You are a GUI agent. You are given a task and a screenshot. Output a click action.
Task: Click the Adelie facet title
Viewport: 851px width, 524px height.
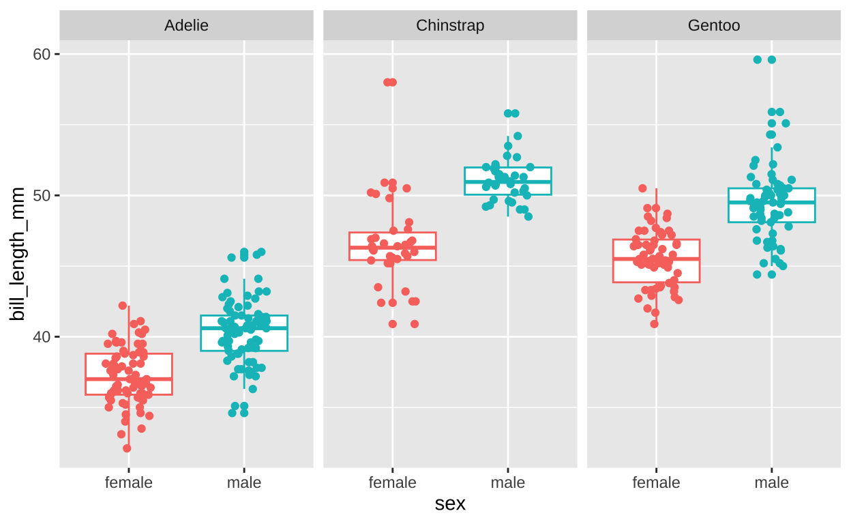(186, 26)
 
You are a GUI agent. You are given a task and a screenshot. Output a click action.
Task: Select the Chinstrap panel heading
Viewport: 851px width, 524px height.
(450, 26)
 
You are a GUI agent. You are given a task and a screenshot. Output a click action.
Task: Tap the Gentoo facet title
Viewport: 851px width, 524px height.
(714, 26)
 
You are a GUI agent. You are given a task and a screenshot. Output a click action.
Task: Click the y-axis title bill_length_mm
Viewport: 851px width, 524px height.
(18, 254)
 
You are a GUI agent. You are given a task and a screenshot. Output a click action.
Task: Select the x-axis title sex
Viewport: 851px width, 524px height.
(450, 504)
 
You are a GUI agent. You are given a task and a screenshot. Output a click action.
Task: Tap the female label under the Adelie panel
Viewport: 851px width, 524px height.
(128, 483)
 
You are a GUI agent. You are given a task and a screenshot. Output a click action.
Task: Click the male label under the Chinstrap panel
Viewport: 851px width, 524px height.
(508, 483)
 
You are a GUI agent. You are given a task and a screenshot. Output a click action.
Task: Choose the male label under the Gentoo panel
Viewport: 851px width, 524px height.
(772, 483)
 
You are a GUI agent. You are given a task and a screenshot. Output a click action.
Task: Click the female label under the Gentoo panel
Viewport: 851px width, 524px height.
(656, 483)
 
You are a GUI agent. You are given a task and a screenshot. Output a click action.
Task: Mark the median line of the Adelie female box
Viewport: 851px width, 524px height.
(128, 379)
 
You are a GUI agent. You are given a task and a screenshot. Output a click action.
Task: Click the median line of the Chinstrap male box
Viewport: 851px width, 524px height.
(508, 181)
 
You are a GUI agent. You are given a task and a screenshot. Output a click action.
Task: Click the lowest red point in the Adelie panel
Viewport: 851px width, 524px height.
(127, 448)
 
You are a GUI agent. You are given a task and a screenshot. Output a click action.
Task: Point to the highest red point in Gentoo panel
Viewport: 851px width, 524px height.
(642, 188)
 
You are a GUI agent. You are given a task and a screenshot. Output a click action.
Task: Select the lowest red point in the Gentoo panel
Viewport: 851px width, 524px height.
(654, 323)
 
